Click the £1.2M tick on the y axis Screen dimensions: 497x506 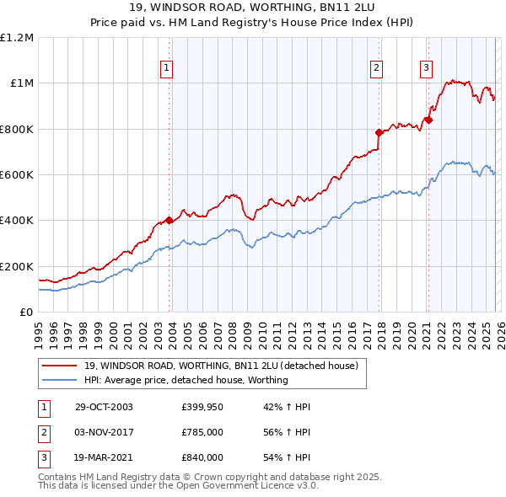(x=17, y=38)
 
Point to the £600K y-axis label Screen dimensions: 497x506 (x=17, y=175)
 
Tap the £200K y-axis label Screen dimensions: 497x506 (x=17, y=266)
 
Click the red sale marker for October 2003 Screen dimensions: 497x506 (x=170, y=221)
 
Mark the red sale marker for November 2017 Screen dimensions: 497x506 (x=379, y=132)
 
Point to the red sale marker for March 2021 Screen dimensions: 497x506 (x=428, y=120)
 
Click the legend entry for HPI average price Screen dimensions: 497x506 (x=186, y=380)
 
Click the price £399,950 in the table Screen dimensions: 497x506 (x=202, y=407)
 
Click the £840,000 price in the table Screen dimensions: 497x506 (x=202, y=457)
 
